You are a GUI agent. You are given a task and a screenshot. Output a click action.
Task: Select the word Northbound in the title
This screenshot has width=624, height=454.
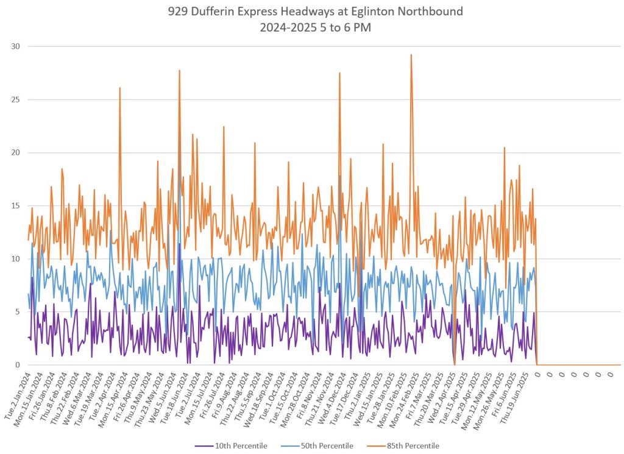(x=439, y=10)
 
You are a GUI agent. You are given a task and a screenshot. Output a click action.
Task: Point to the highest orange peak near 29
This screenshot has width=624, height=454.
(x=411, y=55)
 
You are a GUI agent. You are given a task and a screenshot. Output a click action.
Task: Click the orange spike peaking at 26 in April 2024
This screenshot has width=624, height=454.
(x=120, y=88)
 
